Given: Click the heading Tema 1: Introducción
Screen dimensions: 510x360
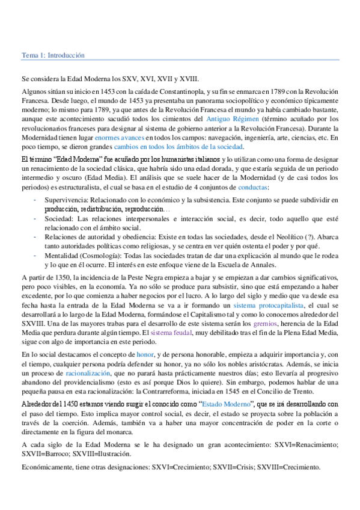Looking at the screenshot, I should (53, 55).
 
